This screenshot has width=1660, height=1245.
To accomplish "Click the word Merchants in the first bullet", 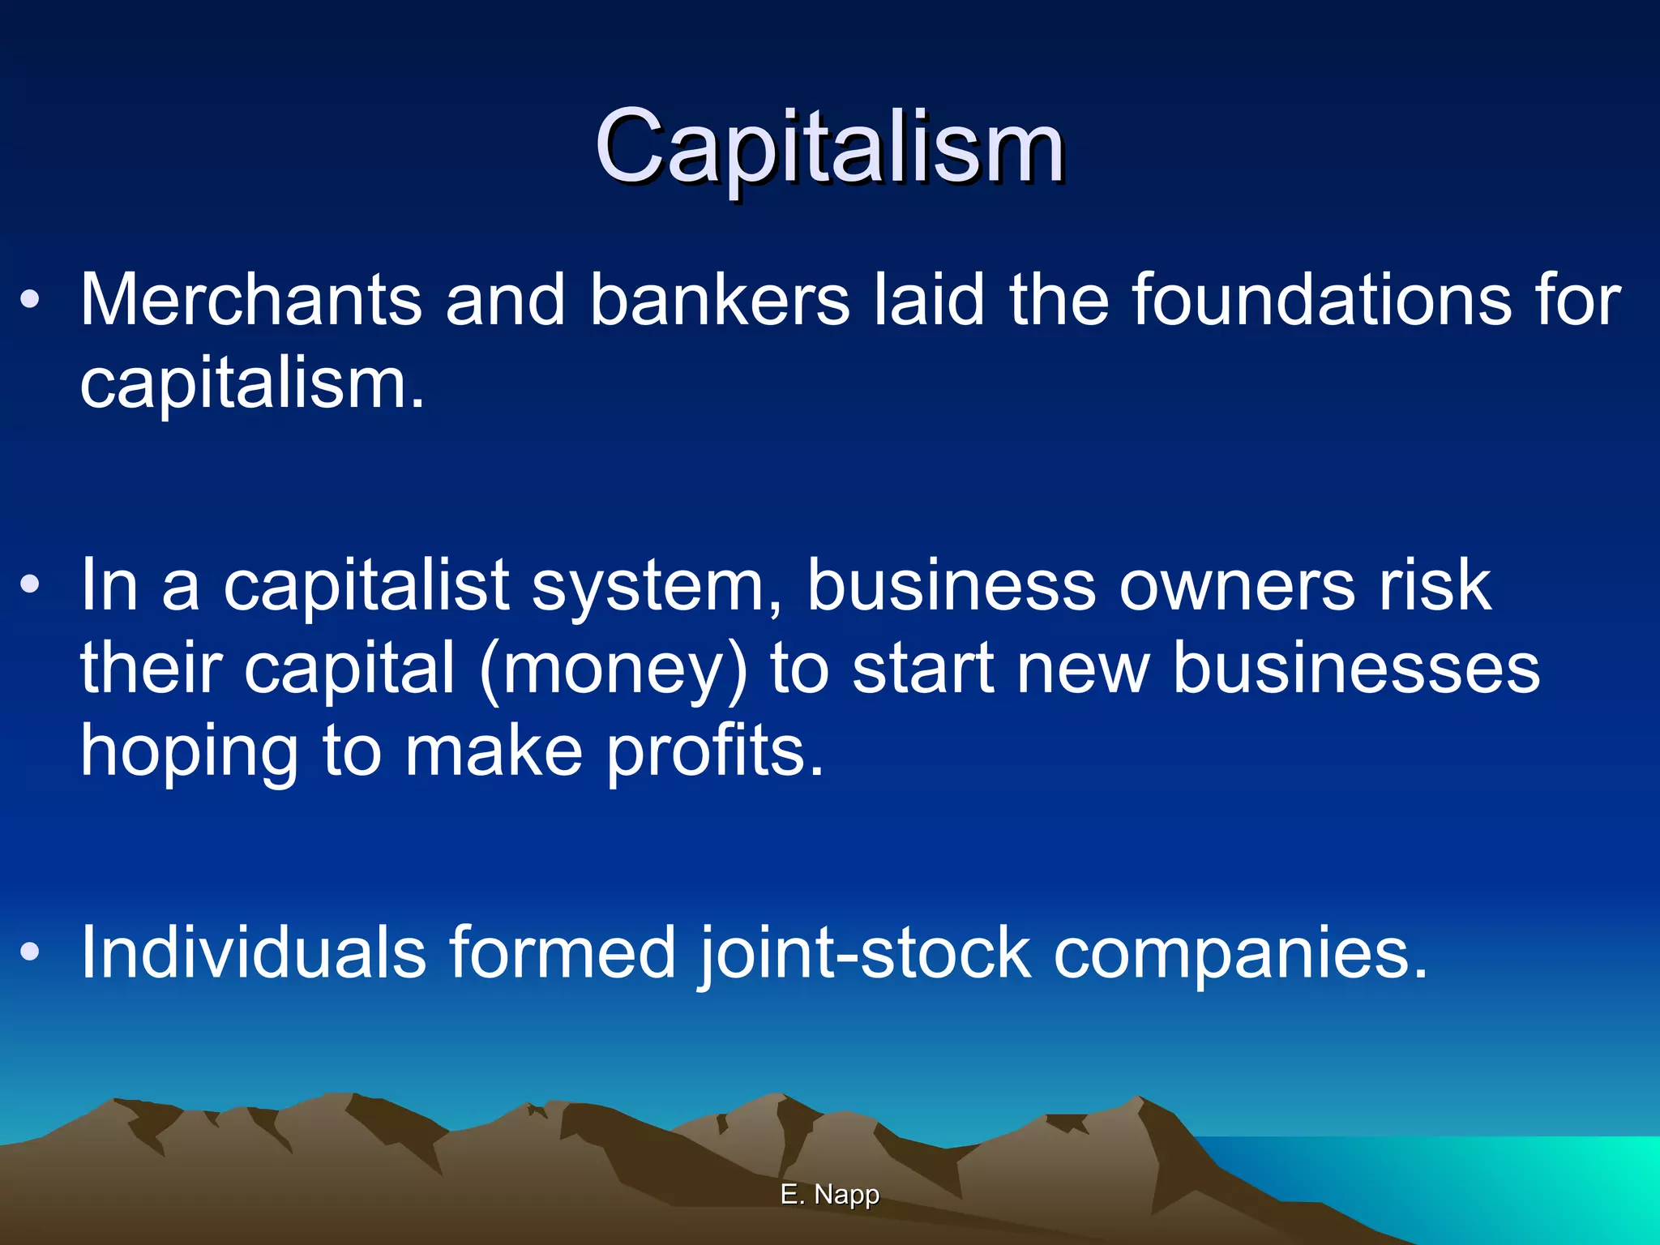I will (x=250, y=300).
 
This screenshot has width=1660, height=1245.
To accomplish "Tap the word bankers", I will (x=720, y=300).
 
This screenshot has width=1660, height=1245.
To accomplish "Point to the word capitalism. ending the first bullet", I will (x=252, y=385).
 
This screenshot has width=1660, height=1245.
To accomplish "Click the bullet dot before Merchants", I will (x=30, y=300).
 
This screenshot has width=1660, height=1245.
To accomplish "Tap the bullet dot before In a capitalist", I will (x=30, y=584).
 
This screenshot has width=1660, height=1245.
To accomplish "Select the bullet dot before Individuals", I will (x=30, y=952).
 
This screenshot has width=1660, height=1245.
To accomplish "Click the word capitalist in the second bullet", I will (x=366, y=586).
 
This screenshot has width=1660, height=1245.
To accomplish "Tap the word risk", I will (x=1435, y=586).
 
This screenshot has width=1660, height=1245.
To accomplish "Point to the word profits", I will (x=715, y=752).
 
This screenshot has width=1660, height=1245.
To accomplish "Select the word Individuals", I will (x=253, y=952).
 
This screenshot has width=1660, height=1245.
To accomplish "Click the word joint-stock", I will (x=864, y=953).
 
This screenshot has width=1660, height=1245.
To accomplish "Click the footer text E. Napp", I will (x=830, y=1194).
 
